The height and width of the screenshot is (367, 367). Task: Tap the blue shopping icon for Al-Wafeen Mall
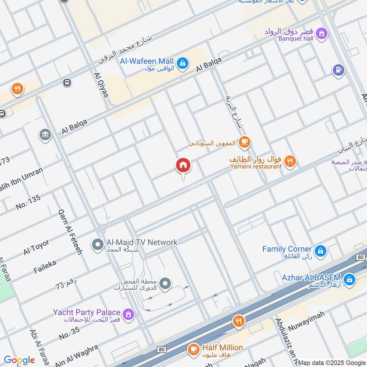tap(182, 64)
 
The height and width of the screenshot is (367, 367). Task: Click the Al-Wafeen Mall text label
tap(147, 61)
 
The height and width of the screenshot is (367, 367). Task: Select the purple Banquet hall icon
tap(323, 33)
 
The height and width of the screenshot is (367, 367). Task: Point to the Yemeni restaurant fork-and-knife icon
tap(289, 161)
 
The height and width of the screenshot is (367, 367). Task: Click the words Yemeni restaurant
tap(256, 167)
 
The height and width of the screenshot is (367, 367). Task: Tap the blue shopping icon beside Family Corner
tap(321, 250)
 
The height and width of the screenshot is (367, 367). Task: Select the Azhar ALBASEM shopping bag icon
tap(349, 278)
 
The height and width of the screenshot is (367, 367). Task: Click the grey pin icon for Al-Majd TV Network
tap(97, 245)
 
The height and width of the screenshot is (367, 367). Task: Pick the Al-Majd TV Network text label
tap(142, 242)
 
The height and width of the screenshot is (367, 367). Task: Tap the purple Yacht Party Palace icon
tap(129, 314)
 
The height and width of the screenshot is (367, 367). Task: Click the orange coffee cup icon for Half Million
tap(193, 350)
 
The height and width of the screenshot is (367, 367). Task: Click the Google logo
tap(19, 360)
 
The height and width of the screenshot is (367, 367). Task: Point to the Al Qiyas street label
tap(101, 85)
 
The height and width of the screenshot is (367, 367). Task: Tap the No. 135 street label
tap(28, 202)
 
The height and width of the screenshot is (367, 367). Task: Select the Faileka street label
tap(44, 267)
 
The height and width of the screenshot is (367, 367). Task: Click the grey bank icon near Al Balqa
tap(45, 135)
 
